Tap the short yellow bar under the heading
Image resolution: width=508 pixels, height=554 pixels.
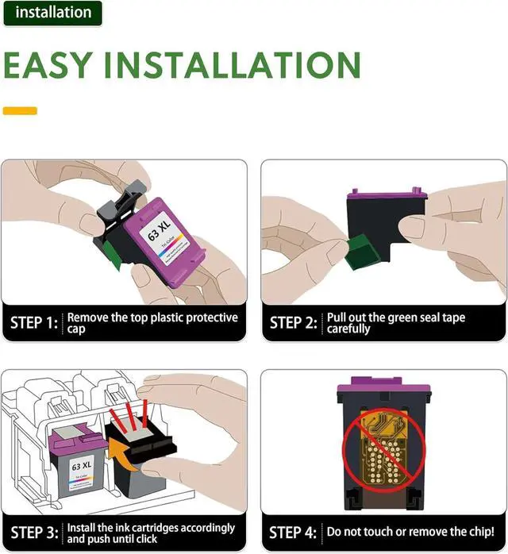pyautogui.click(x=20, y=110)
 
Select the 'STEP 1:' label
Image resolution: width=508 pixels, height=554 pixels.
pyautogui.click(x=34, y=323)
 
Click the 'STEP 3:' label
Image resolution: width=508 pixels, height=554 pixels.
pyautogui.click(x=34, y=532)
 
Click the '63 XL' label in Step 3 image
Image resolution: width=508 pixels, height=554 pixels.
pyautogui.click(x=80, y=464)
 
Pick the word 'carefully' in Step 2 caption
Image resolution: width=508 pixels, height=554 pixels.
pyautogui.click(x=348, y=329)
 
